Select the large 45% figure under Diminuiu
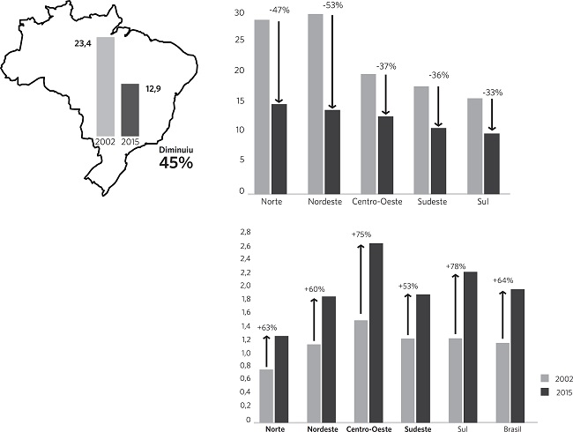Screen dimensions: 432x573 pos(176,163)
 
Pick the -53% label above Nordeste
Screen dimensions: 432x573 pos(336,5)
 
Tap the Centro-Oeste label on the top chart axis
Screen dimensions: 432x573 pos(377,203)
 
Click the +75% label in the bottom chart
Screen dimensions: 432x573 pos(361,235)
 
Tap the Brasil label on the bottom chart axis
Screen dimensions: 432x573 pos(510,428)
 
